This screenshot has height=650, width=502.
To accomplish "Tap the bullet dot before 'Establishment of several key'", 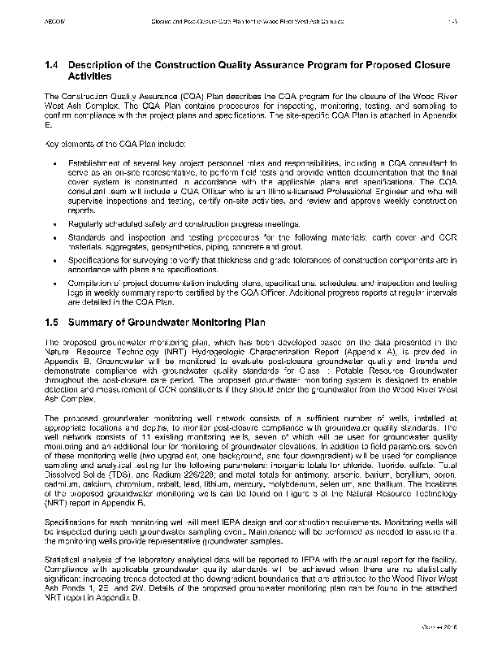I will pos(53,163).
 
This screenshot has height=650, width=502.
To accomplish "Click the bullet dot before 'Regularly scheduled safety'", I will pos(53,223).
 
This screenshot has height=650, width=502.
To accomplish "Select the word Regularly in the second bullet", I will pos(84,223).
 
